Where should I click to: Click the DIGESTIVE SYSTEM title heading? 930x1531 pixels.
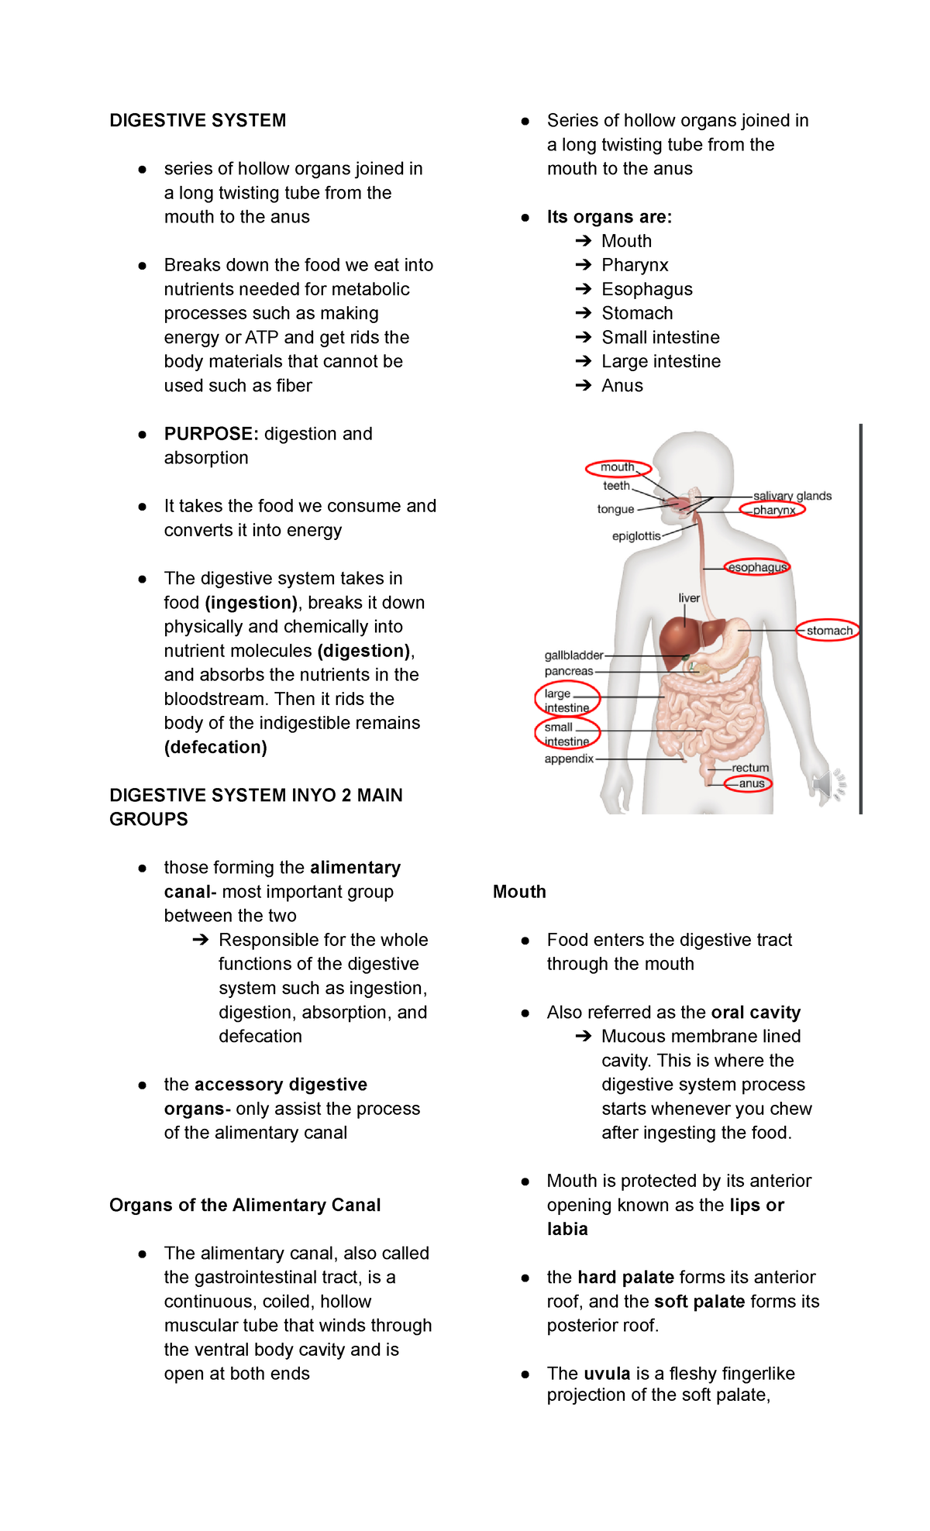(x=198, y=121)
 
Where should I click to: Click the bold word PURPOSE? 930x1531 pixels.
(x=211, y=434)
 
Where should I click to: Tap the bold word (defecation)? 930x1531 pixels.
(x=215, y=747)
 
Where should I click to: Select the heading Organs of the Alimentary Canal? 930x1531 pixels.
(x=245, y=1205)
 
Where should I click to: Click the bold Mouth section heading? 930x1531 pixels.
(x=519, y=892)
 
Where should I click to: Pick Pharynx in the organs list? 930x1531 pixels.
(x=635, y=265)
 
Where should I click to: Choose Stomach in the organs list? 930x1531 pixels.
(x=637, y=313)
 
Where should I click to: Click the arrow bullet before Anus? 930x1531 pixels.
(x=584, y=386)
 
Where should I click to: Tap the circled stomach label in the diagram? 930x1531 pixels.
(x=828, y=631)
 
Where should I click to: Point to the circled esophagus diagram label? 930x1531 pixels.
(x=757, y=567)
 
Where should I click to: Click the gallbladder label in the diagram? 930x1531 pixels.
(x=573, y=655)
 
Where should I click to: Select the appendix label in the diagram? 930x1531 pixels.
(x=569, y=759)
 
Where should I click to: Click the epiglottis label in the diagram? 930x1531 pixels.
(x=636, y=536)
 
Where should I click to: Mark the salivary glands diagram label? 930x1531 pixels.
(x=792, y=496)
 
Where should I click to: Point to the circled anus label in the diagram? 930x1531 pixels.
(x=751, y=783)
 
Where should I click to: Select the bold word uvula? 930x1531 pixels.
(x=607, y=1374)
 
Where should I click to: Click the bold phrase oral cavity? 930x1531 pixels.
(x=756, y=1013)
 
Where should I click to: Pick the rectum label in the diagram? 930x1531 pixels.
(x=750, y=768)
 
